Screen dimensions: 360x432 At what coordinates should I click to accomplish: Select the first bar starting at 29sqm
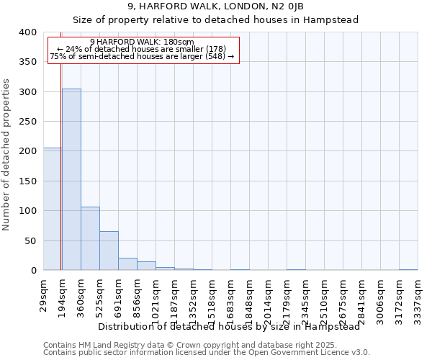tap(52, 209)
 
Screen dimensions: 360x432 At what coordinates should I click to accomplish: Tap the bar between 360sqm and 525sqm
tap(90, 238)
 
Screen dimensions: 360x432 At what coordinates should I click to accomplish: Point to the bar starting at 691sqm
tap(127, 264)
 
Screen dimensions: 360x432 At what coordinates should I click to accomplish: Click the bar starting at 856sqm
tap(146, 266)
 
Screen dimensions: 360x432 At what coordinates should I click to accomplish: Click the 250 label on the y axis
tap(27, 122)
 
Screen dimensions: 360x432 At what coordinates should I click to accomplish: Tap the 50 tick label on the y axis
tap(30, 240)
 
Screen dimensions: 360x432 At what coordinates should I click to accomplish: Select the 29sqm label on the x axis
tap(44, 294)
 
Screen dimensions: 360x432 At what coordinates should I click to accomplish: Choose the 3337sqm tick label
tap(418, 297)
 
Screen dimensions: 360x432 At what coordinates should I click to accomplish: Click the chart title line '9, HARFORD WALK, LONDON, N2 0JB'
tap(216, 6)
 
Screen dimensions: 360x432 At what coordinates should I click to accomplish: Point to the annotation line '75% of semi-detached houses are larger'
tap(142, 56)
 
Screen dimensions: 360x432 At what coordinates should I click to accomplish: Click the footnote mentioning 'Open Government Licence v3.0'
tap(207, 353)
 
